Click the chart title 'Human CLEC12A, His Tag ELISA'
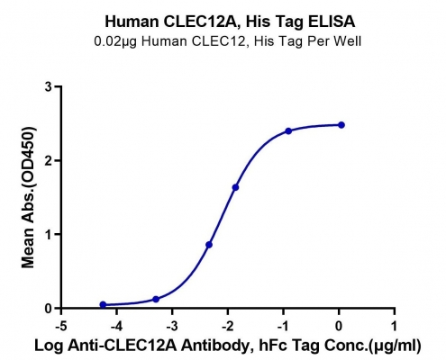[230, 22]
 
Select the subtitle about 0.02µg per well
[228, 41]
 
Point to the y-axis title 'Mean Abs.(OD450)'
[29, 197]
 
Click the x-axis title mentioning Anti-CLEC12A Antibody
[228, 346]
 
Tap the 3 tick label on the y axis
[49, 87]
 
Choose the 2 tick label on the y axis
[49, 160]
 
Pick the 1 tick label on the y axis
[49, 234]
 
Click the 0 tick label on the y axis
[49, 309]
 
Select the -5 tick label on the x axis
[61, 326]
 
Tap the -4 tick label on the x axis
[117, 326]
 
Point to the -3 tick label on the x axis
[172, 326]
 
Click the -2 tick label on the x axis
[228, 326]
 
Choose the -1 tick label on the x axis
[283, 326]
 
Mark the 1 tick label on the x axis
[394, 326]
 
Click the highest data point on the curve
[341, 125]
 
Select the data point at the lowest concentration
[103, 305]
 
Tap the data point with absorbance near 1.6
[235, 187]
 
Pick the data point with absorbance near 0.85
[209, 245]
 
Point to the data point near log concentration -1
[288, 130]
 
